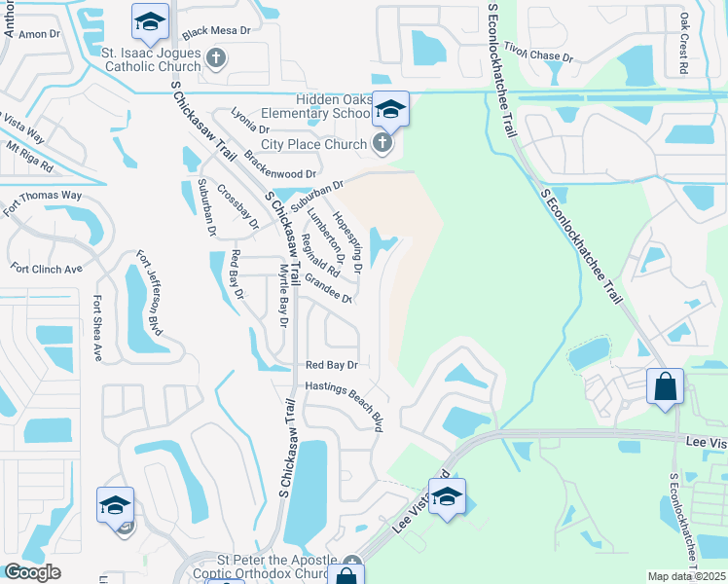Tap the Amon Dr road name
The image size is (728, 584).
tap(39, 34)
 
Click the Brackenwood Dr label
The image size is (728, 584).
tap(281, 164)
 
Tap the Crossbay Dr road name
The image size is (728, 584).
tap(238, 206)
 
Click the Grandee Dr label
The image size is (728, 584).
tap(327, 289)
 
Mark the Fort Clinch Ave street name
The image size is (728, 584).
tap(46, 267)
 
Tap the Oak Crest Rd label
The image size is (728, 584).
tap(684, 43)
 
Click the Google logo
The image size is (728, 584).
tap(33, 572)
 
